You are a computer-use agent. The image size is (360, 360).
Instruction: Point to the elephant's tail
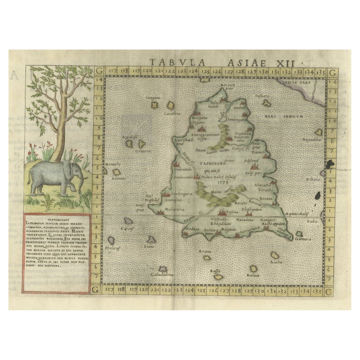30,179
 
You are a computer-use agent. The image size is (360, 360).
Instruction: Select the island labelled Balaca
254,269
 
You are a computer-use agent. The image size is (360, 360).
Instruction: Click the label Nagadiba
311,139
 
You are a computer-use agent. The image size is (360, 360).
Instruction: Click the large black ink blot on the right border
332,164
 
